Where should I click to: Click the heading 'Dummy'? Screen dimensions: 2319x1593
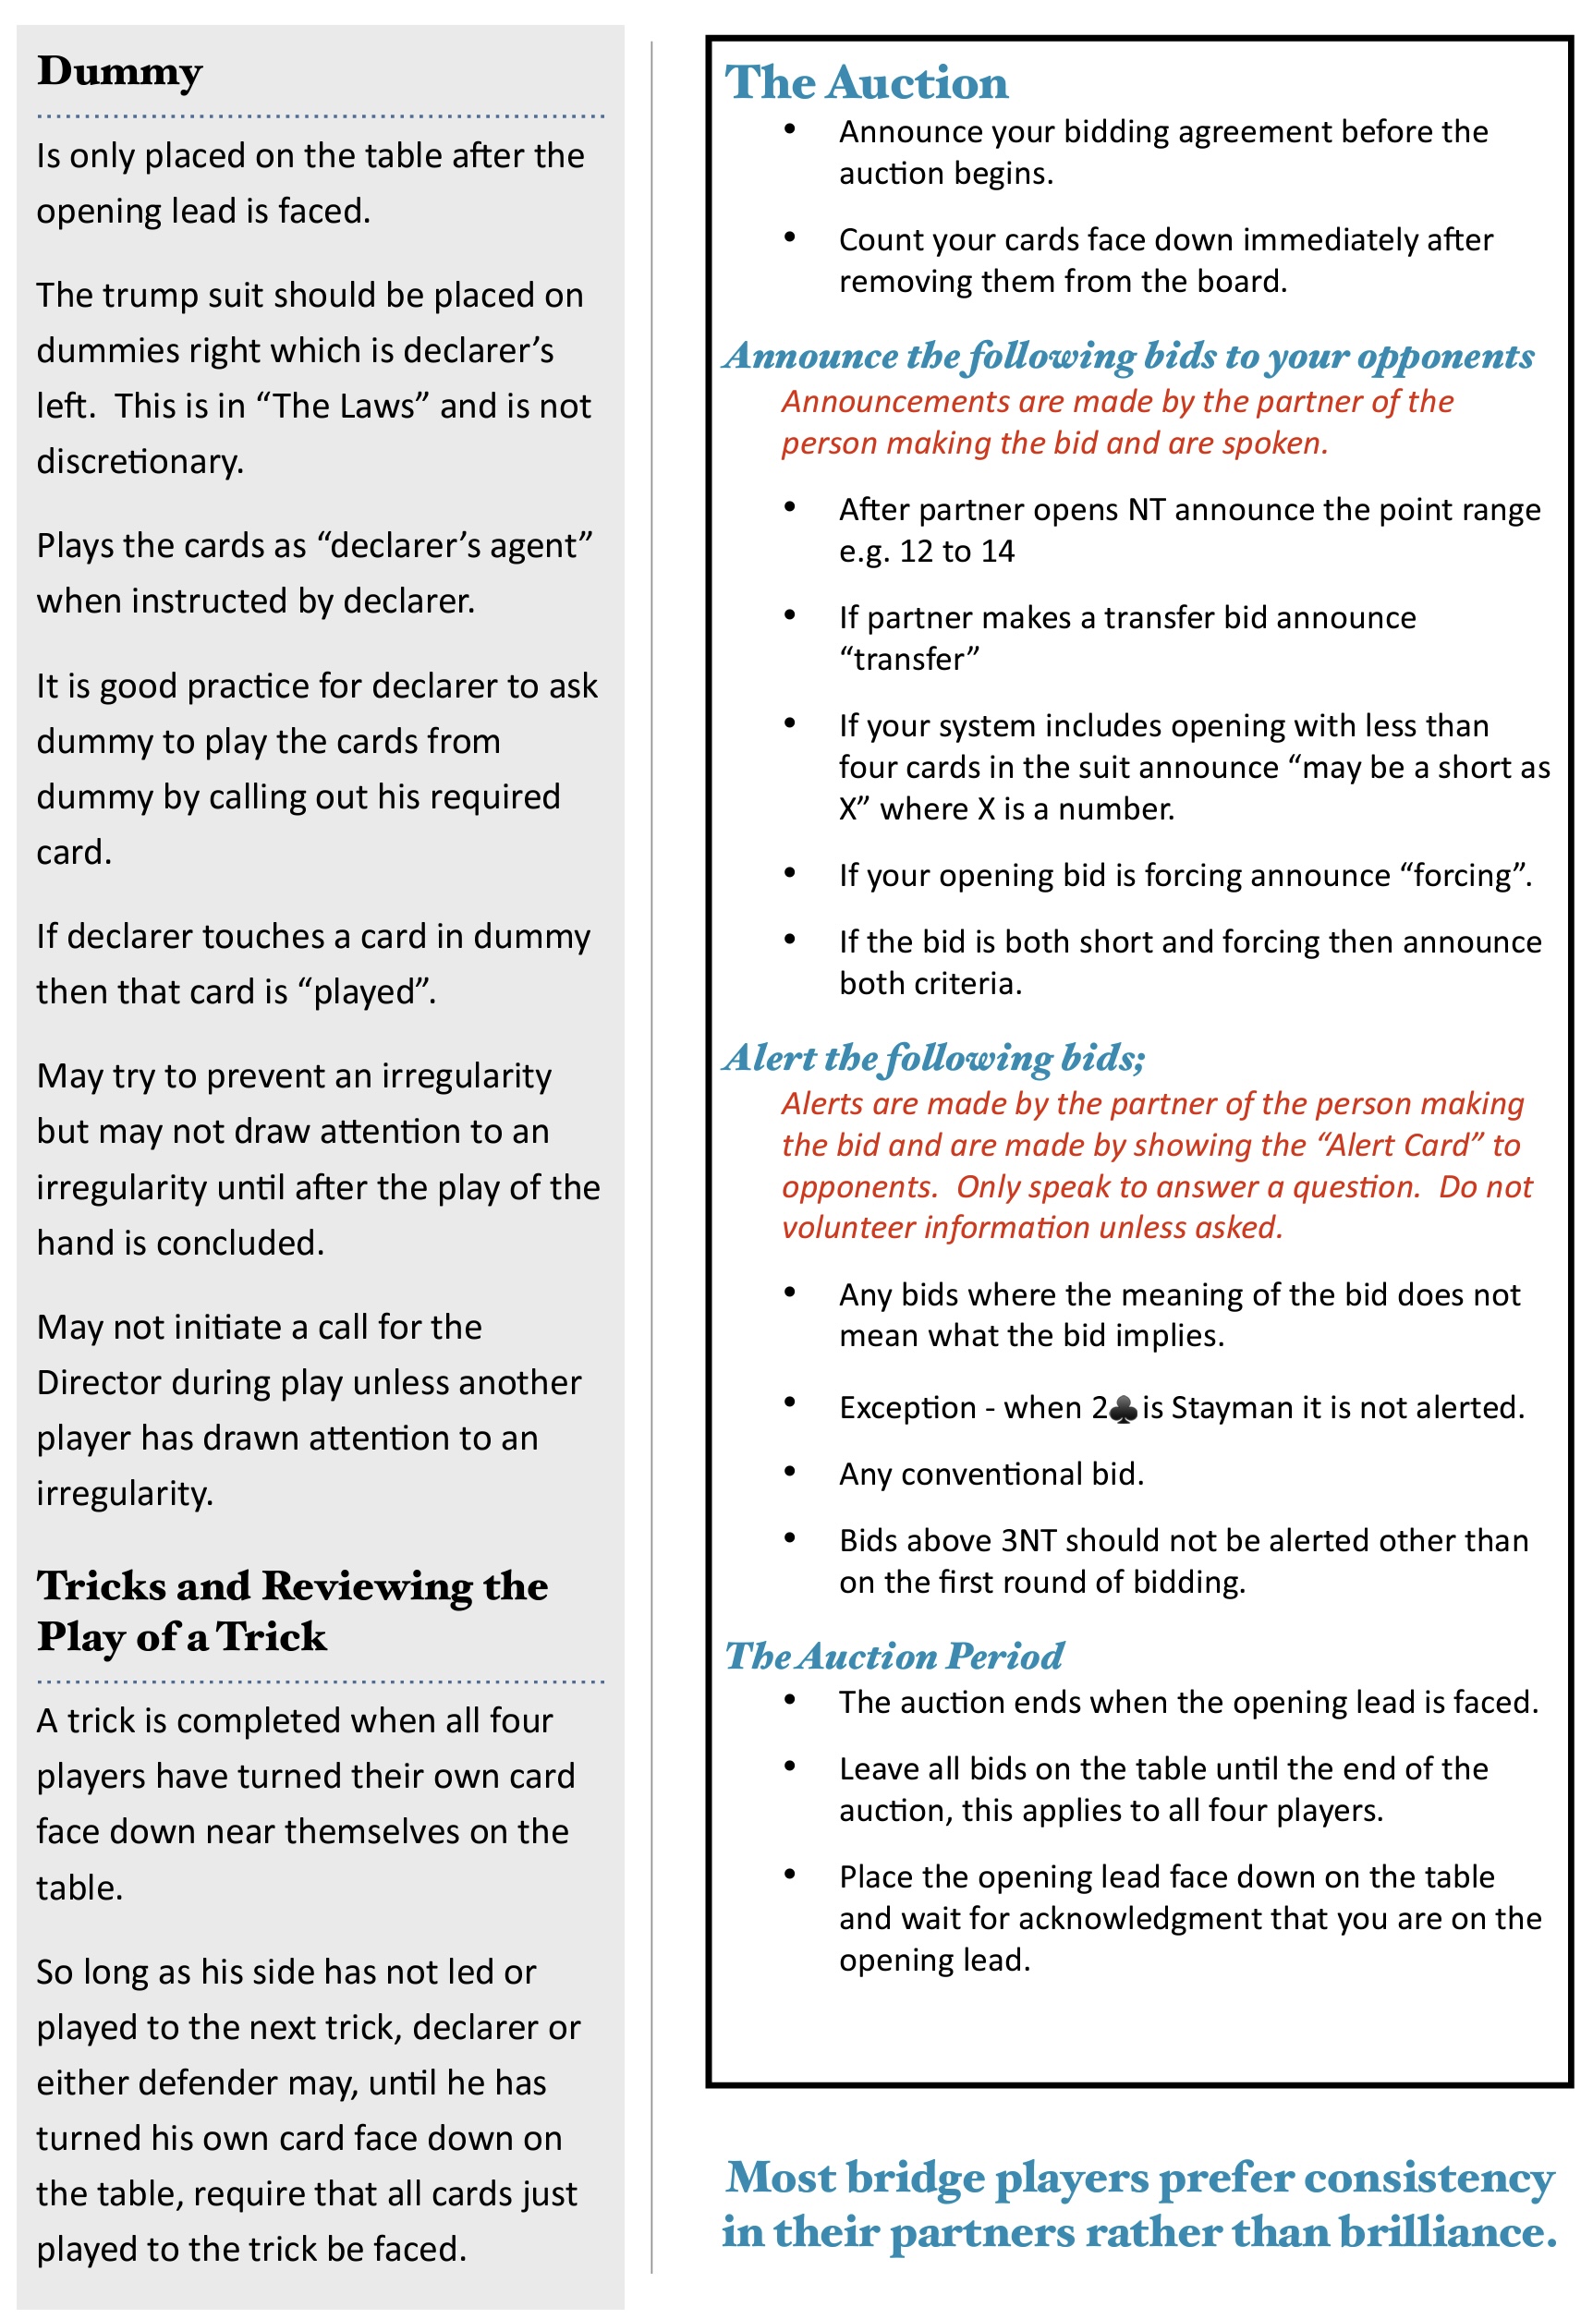click(x=120, y=72)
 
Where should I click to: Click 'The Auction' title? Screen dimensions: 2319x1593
click(x=866, y=82)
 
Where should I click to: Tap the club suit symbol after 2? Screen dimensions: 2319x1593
click(x=1123, y=1409)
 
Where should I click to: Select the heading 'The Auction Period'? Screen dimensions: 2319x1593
click(x=894, y=1656)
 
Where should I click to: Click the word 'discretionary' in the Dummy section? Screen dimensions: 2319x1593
click(x=139, y=461)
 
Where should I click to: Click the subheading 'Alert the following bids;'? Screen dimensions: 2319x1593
click(x=934, y=1058)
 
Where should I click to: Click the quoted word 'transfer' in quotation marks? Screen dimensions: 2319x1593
click(x=909, y=659)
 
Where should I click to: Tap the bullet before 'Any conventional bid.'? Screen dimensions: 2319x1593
click(x=789, y=1471)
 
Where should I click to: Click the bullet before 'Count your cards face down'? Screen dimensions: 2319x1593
click(x=789, y=237)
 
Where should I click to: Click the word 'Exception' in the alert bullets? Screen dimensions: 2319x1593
click(x=906, y=1407)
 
